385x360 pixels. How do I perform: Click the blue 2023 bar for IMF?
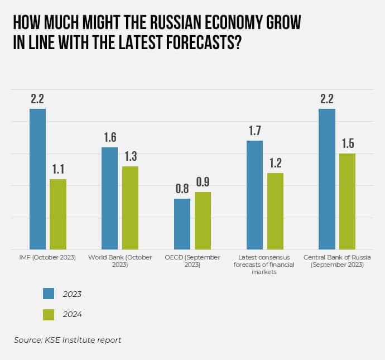point(37,179)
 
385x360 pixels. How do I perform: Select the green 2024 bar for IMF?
point(58,214)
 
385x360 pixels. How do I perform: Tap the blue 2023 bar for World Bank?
point(110,198)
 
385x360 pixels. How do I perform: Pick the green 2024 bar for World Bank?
point(130,208)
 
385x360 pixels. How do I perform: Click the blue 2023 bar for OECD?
point(182,224)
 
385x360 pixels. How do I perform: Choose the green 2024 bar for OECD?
point(203,220)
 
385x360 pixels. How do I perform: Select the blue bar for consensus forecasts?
point(254,195)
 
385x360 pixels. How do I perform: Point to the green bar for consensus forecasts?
point(275,211)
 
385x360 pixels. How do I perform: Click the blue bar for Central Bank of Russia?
point(327,179)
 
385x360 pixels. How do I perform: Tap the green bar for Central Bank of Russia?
point(347,201)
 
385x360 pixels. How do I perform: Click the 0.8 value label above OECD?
point(182,189)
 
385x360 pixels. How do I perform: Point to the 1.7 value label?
point(254,131)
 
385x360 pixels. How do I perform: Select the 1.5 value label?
point(347,143)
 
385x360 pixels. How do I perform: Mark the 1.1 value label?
point(58,169)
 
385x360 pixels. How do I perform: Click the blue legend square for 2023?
point(49,294)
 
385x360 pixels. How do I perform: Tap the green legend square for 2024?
point(49,314)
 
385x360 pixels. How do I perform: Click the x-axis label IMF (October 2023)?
point(48,257)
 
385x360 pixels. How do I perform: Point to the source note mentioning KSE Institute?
point(68,340)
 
